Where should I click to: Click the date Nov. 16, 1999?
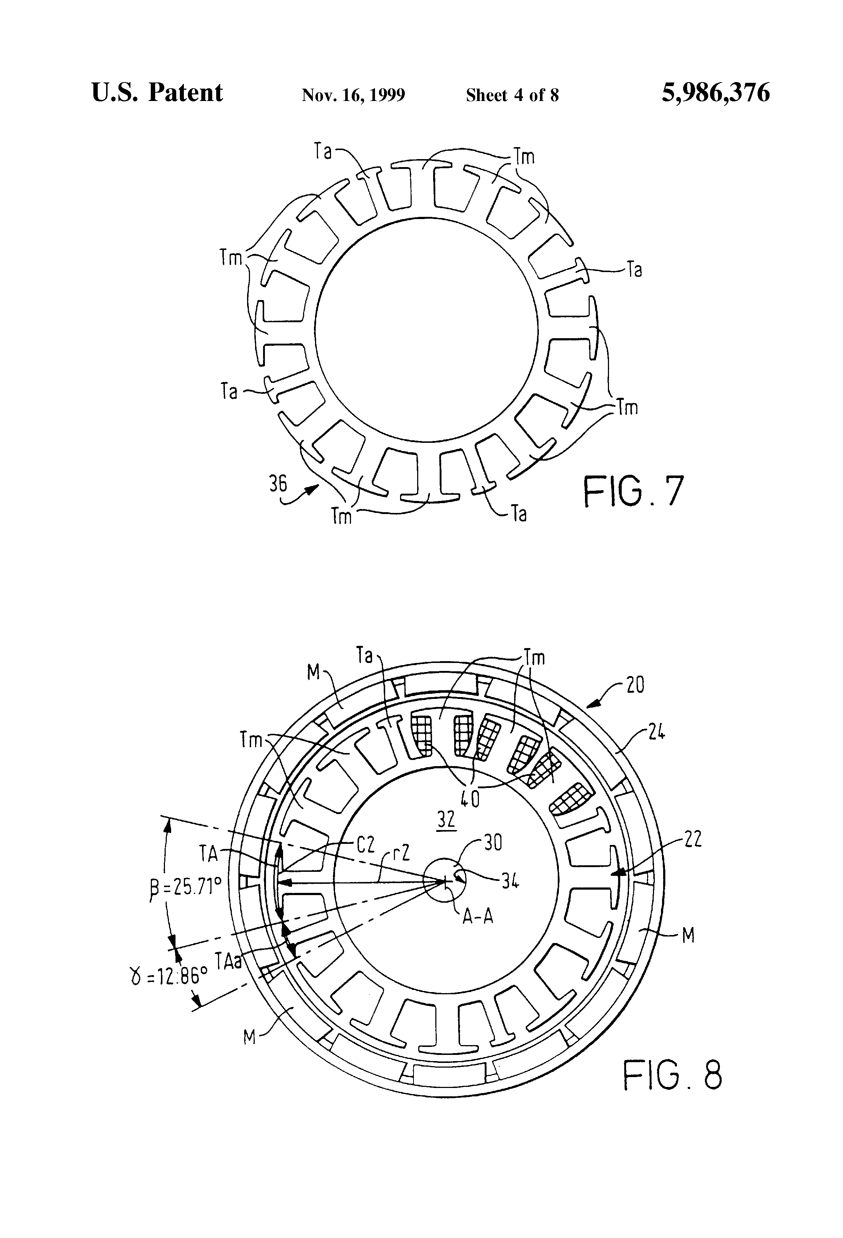[x=353, y=95]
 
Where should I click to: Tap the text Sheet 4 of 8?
[x=512, y=95]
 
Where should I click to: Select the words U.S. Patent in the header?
[x=157, y=93]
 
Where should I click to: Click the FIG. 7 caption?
[x=633, y=492]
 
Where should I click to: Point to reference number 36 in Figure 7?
[x=278, y=484]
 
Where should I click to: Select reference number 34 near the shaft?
[x=509, y=882]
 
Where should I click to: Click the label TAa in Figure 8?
[x=229, y=960]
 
